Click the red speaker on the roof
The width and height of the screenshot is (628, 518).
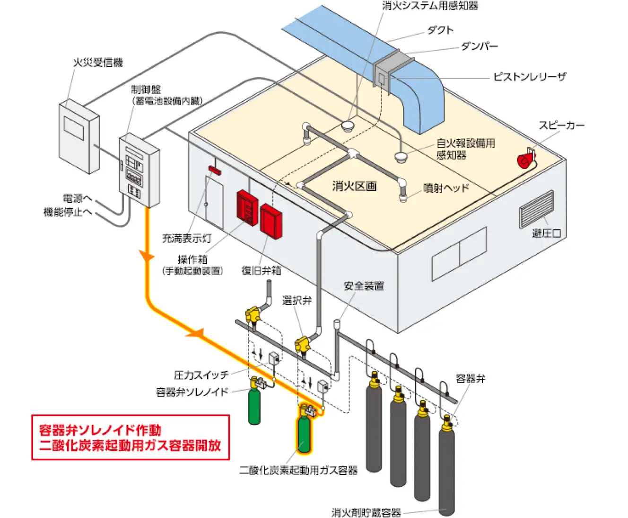pyautogui.click(x=525, y=160)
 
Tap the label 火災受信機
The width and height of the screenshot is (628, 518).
pyautogui.click(x=98, y=63)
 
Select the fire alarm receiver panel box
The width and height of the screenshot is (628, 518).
pyautogui.click(x=78, y=136)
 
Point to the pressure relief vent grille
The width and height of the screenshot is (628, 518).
pyautogui.click(x=537, y=209)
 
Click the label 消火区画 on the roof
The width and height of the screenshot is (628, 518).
pyautogui.click(x=354, y=186)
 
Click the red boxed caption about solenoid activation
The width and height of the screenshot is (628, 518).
pyautogui.click(x=131, y=438)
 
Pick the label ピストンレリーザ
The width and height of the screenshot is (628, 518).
pyautogui.click(x=529, y=77)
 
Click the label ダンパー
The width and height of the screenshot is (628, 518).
pyautogui.click(x=479, y=46)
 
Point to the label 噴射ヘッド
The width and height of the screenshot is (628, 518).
pyautogui.click(x=446, y=188)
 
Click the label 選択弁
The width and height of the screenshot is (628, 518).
pyautogui.click(x=297, y=300)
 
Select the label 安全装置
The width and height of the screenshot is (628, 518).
pyautogui.click(x=364, y=286)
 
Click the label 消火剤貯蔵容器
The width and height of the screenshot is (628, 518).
pyautogui.click(x=366, y=512)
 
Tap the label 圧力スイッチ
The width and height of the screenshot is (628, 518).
pyautogui.click(x=201, y=375)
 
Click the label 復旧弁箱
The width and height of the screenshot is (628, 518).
pyautogui.click(x=261, y=270)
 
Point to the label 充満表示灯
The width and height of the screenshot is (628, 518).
pyautogui.click(x=187, y=238)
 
